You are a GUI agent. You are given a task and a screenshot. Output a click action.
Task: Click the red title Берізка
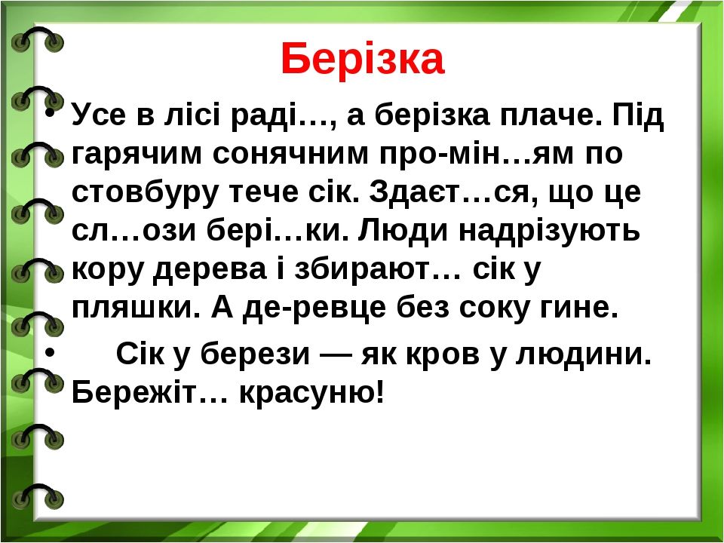click(362, 60)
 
